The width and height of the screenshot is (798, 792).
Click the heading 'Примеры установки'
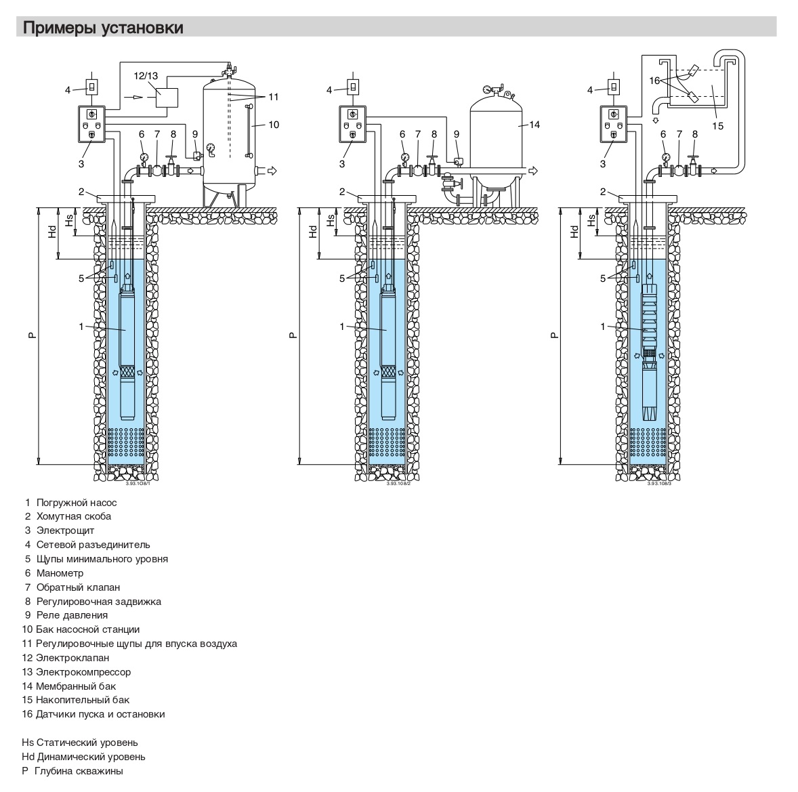coord(103,28)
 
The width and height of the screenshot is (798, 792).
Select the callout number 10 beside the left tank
coord(274,125)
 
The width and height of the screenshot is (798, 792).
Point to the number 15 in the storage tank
coord(717,125)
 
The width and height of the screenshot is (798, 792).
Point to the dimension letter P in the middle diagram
coord(292,335)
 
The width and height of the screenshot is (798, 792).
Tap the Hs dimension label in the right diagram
coord(591,220)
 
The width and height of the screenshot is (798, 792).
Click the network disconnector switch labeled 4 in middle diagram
coord(352,87)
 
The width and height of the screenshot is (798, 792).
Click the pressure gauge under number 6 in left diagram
coord(143,157)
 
